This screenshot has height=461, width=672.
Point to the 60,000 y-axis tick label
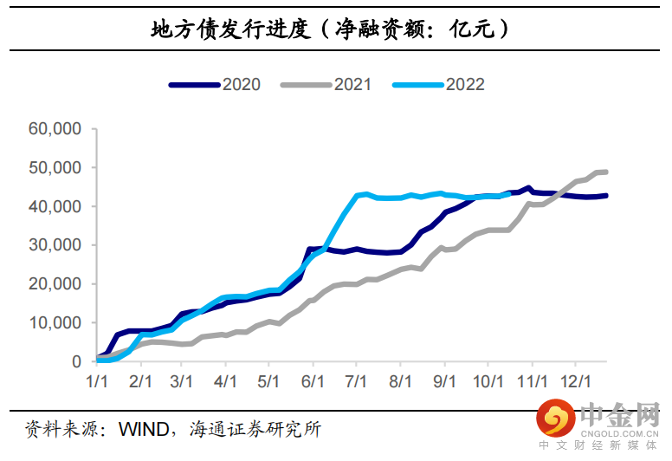[x=55, y=129]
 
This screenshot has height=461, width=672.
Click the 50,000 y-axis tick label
[x=55, y=168]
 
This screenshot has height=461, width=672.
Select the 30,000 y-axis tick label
[x=55, y=245]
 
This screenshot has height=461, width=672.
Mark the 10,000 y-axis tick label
[x=55, y=322]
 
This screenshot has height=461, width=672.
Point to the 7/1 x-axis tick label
[x=356, y=381]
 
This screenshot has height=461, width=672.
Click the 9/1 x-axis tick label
[x=444, y=381]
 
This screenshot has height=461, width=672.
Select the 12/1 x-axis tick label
[x=575, y=381]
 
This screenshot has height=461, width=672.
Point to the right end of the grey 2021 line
[x=605, y=172]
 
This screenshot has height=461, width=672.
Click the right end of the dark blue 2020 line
[x=605, y=195]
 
